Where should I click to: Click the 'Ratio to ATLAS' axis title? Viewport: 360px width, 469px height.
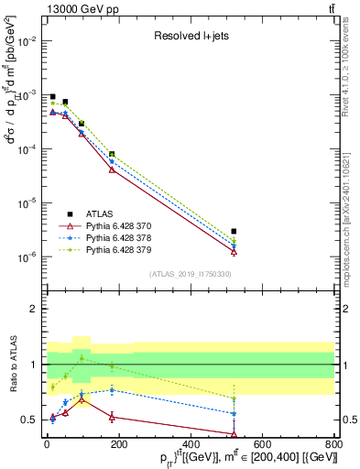point(12,365)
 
